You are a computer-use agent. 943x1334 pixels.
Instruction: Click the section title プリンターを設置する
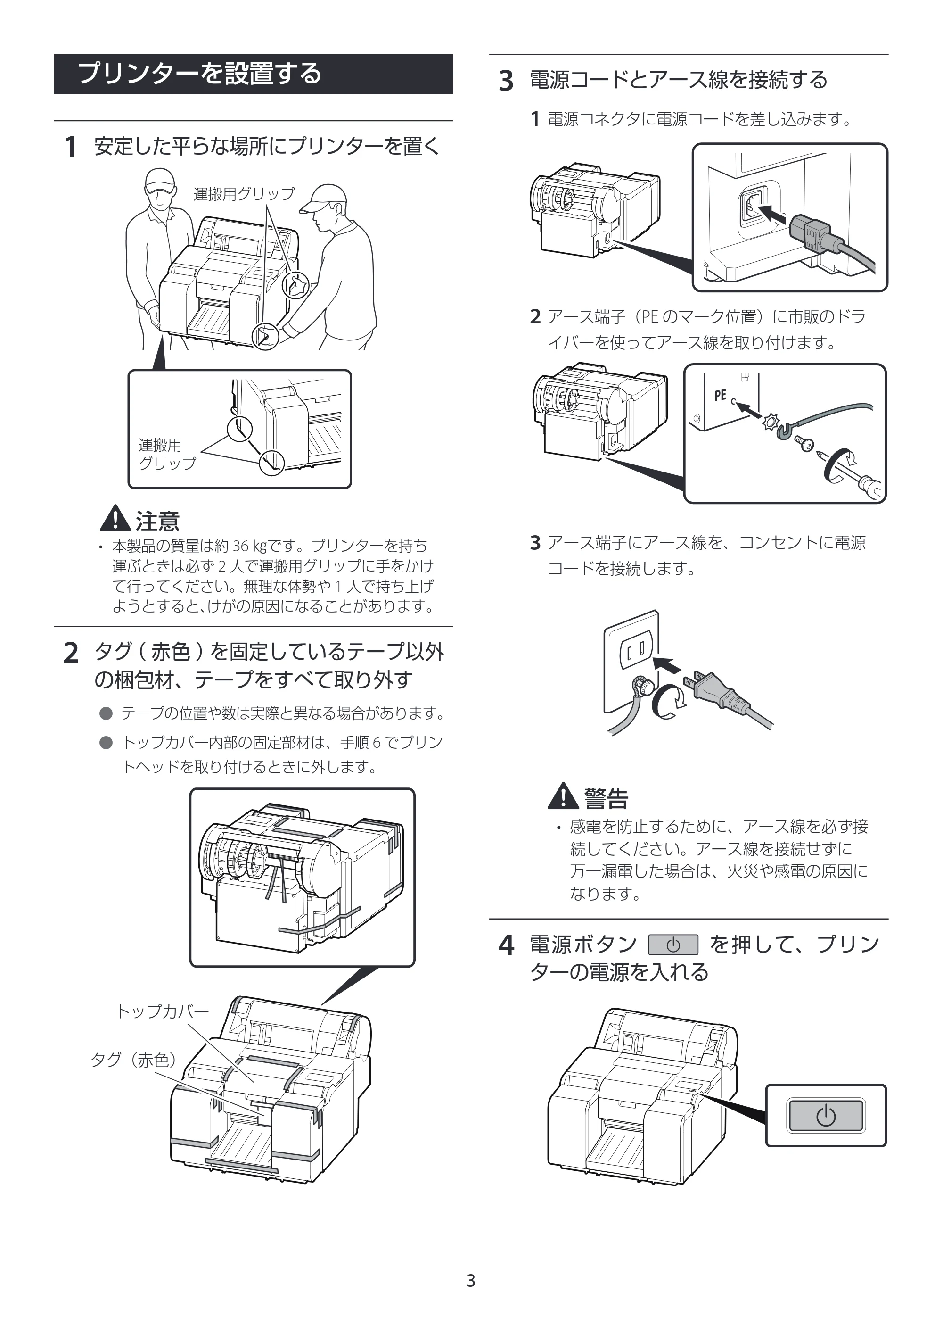pos(199,74)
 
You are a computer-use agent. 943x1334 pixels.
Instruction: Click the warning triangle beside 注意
pos(115,518)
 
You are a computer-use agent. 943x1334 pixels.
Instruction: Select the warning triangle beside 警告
pos(563,796)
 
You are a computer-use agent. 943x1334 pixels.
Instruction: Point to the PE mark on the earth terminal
pos(720,395)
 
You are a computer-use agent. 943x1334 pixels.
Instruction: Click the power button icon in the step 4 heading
pos(673,945)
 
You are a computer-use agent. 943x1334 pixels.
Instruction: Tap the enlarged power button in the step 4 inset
pos(826,1116)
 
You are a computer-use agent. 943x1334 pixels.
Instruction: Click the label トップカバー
pos(163,1011)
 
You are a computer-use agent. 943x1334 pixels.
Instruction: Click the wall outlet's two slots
pos(638,651)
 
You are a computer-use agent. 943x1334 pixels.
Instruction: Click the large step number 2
pos(70,653)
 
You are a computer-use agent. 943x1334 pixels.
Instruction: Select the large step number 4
pos(506,945)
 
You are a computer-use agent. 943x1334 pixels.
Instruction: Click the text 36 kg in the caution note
pos(249,546)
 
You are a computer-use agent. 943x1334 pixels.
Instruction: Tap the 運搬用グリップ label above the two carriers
pos(244,194)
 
